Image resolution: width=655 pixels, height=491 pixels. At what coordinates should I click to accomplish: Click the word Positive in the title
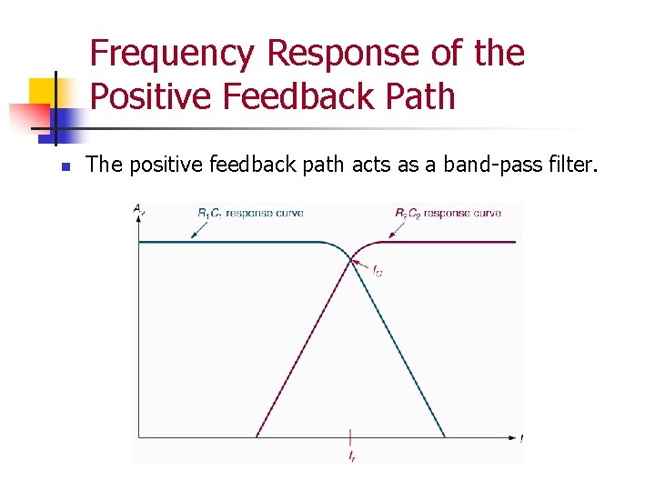point(151,95)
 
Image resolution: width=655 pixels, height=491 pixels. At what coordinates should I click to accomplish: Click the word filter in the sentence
point(570,165)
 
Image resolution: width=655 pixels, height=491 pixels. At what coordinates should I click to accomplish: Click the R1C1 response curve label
point(250,213)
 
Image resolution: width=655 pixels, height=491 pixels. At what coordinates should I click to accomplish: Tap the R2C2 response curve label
point(448,213)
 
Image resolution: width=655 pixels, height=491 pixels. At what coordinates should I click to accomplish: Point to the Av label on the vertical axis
point(138,210)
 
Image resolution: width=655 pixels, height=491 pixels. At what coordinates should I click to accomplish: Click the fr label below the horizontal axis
point(351,456)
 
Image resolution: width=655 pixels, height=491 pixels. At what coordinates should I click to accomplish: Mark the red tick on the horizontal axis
point(350,436)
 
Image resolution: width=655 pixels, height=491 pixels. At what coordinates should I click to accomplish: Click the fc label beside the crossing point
point(378,270)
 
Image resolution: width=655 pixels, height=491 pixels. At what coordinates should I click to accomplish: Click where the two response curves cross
point(351,260)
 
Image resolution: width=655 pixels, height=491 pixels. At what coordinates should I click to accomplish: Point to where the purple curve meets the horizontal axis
point(257,437)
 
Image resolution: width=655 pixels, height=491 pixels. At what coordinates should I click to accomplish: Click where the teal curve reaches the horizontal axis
point(445,437)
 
